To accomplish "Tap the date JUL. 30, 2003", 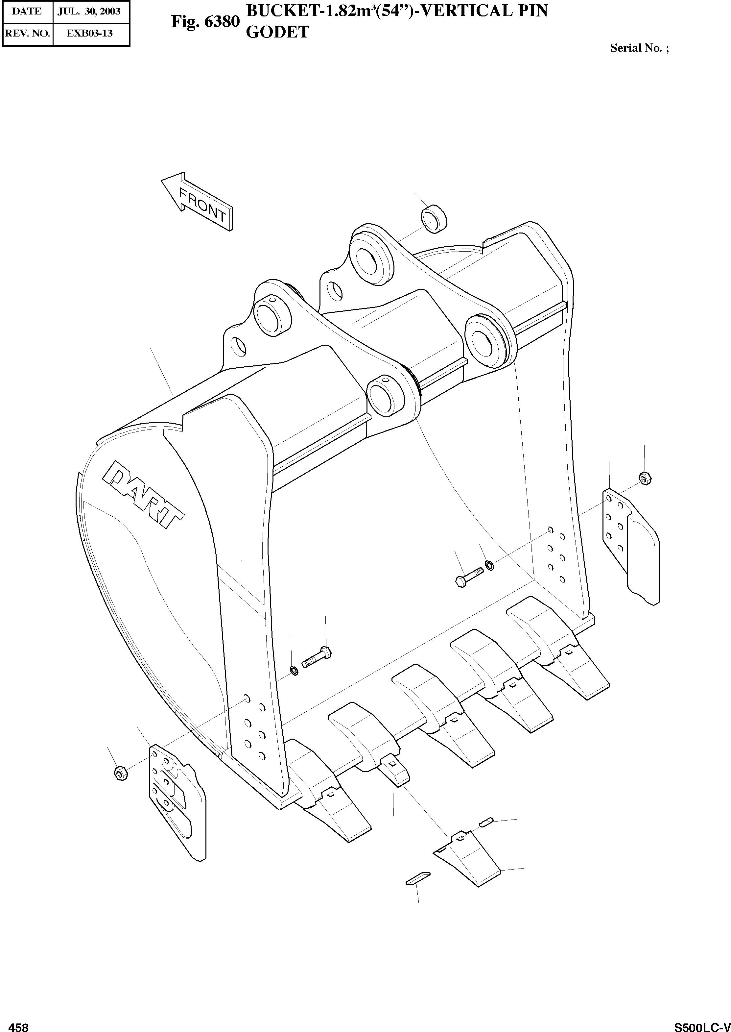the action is [x=89, y=11].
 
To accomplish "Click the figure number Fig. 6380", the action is [x=205, y=22].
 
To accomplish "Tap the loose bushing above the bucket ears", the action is [x=434, y=218].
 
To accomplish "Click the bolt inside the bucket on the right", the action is [x=468, y=577].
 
